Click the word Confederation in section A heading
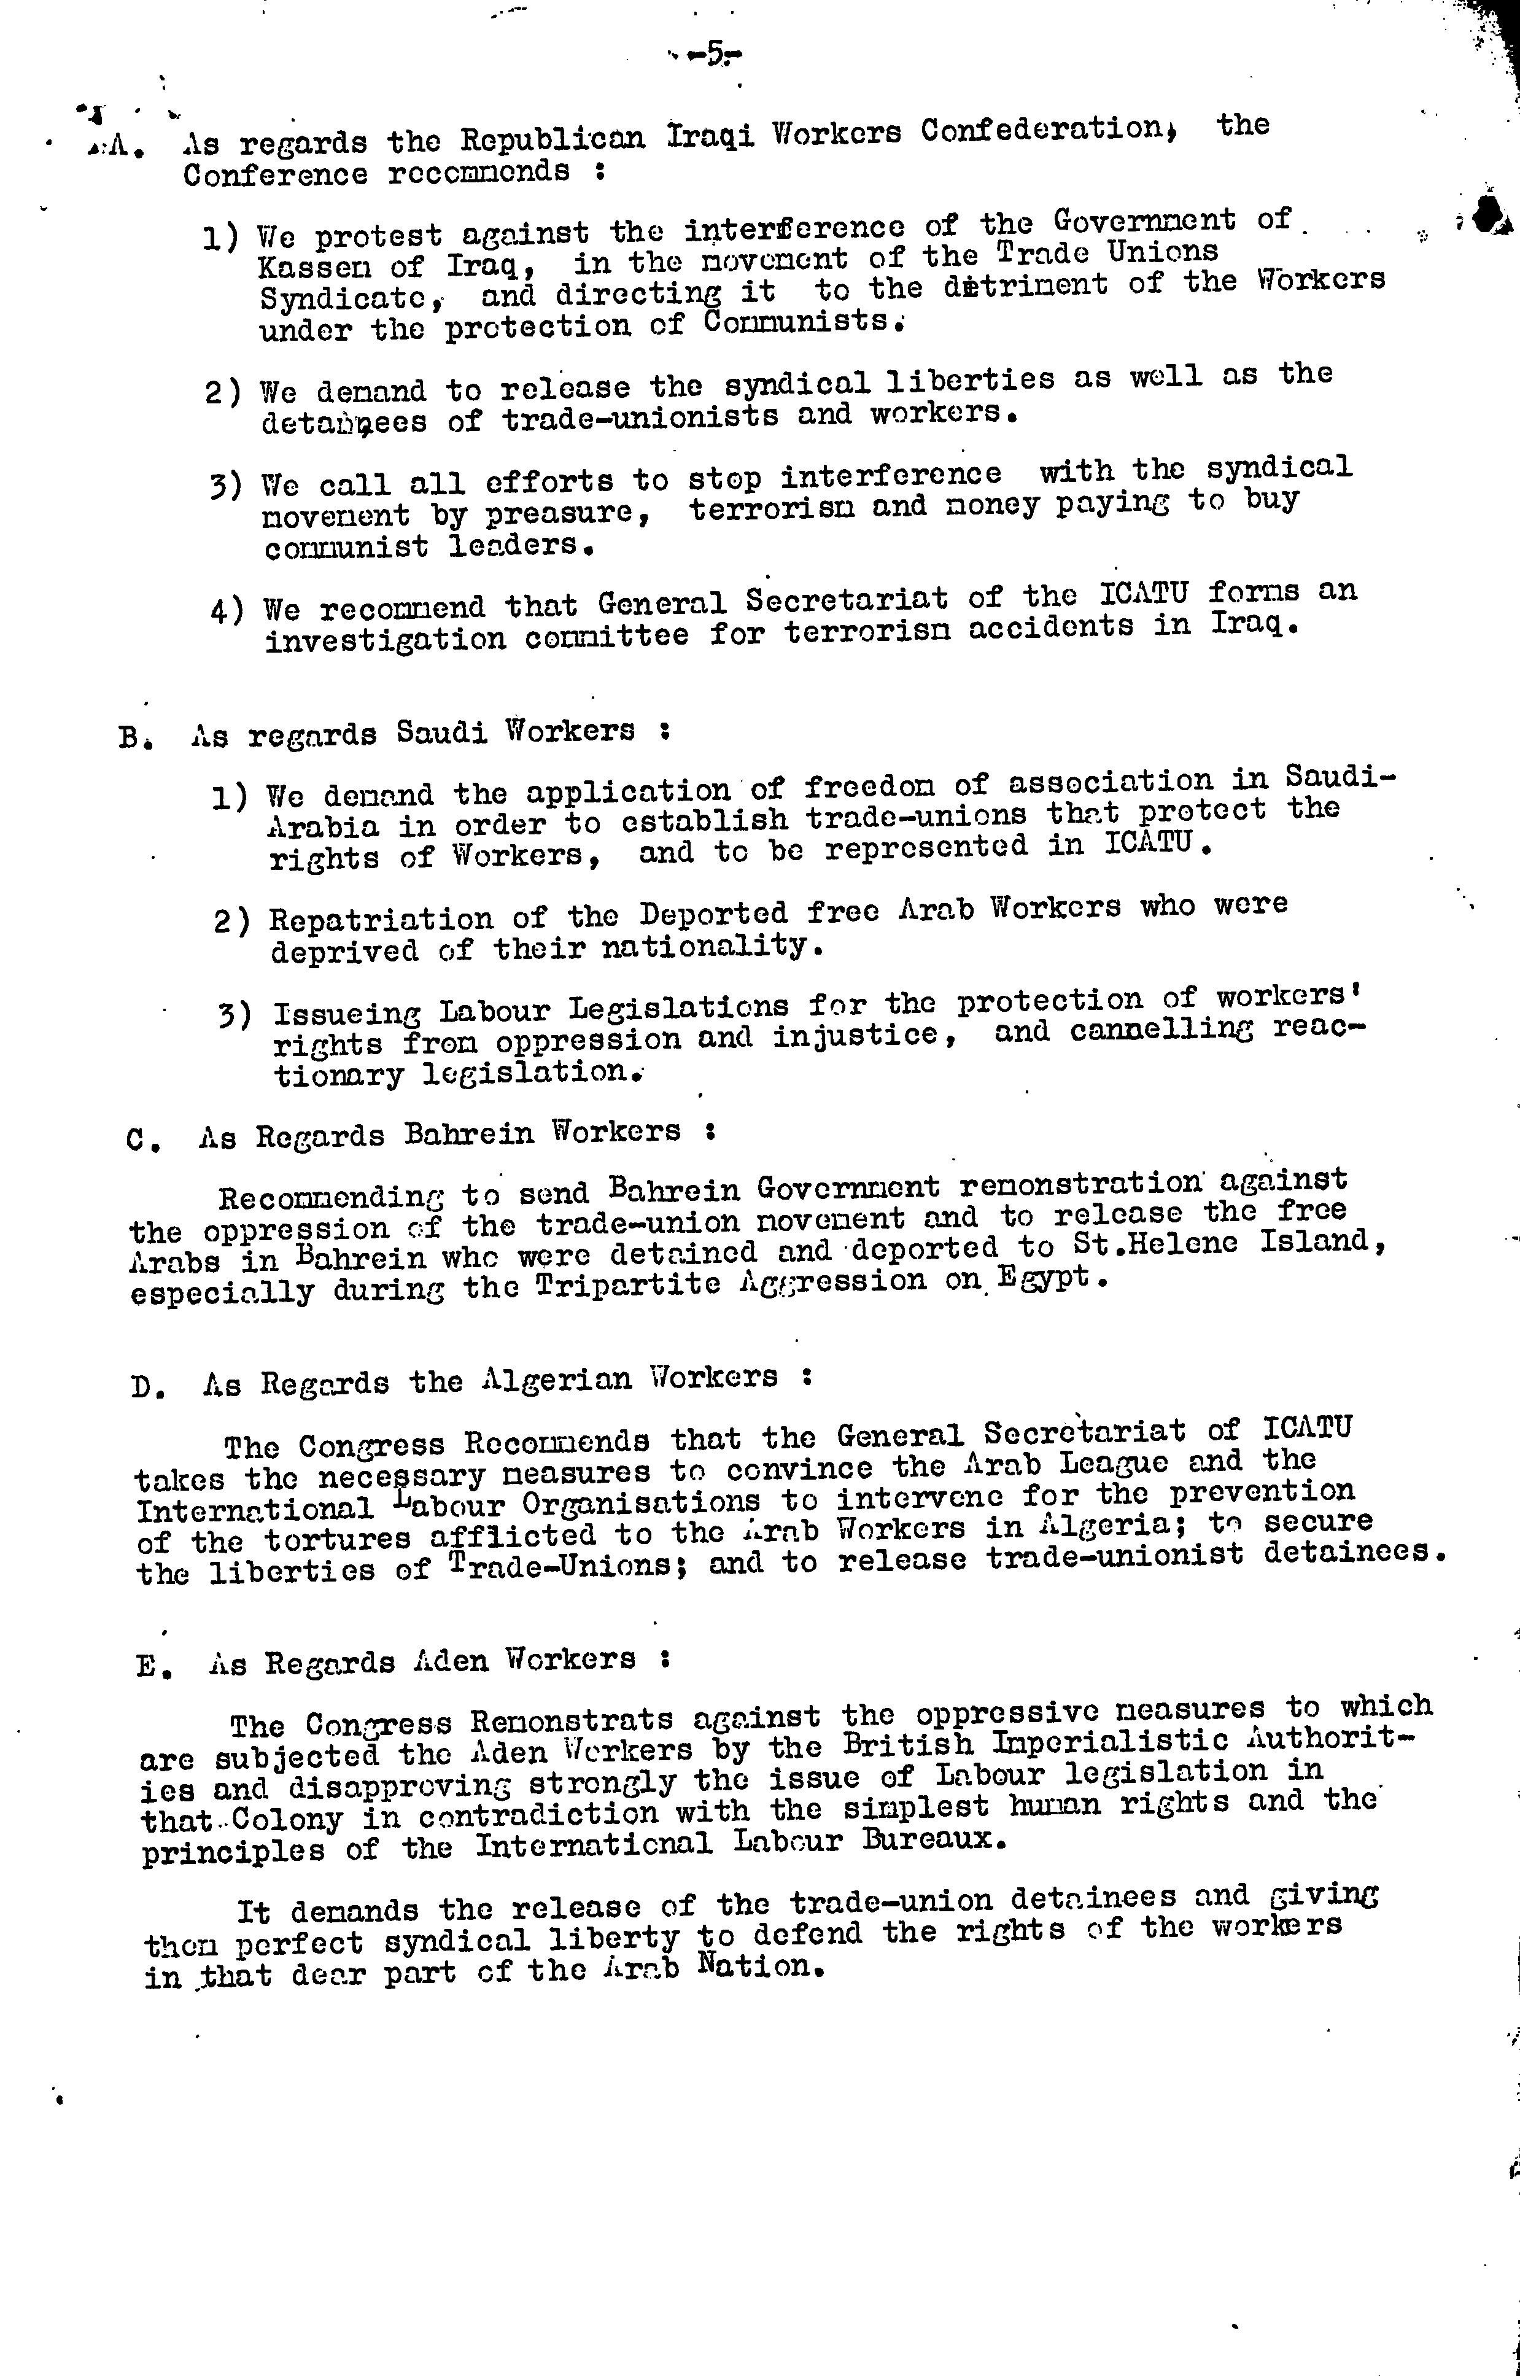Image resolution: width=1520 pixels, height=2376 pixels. pos(1043,130)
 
